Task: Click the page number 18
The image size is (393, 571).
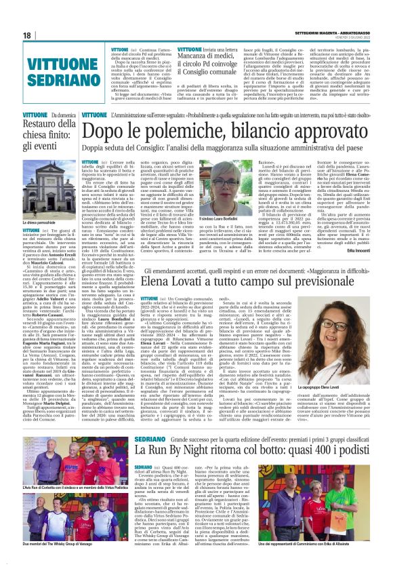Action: coord(28,35)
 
